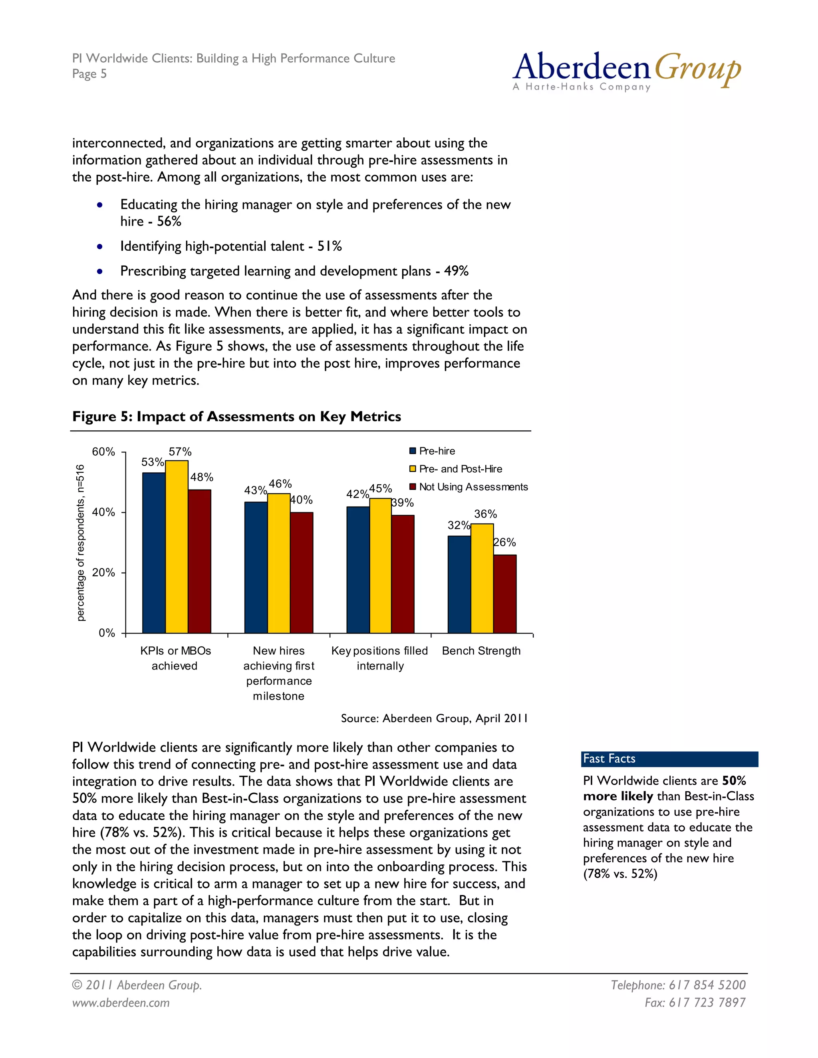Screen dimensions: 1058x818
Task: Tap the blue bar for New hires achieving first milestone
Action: (256, 567)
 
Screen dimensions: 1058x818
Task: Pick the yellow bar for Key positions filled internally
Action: (380, 565)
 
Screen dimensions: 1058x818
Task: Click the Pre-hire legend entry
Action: (432, 451)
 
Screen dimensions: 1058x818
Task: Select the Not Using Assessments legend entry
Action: (469, 487)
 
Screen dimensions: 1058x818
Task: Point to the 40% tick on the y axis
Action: (104, 513)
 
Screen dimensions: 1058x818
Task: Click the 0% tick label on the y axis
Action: (107, 633)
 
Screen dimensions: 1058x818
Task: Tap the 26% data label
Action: (504, 543)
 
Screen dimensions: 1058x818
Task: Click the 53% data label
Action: (152, 462)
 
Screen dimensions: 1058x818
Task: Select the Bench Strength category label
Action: (481, 651)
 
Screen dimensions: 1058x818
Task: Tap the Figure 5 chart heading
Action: (236, 416)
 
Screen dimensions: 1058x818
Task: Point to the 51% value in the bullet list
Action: (330, 246)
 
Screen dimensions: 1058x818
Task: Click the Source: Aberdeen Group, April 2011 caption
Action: (434, 718)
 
